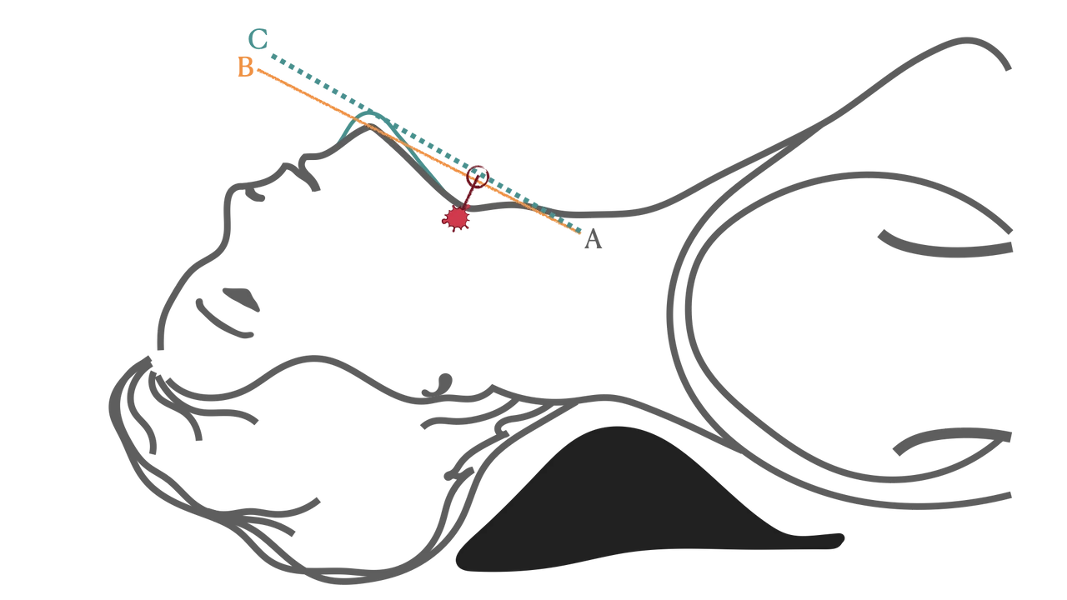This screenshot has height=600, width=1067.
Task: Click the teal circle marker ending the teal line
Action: [259, 38]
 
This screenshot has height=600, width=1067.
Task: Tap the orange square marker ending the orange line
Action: [244, 67]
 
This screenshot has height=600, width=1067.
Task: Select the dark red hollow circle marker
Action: [477, 177]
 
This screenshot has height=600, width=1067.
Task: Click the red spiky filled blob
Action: [456, 218]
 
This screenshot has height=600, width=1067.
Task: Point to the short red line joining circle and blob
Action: [468, 198]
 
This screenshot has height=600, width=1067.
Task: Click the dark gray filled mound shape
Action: [634, 508]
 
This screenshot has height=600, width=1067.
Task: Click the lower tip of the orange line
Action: [581, 236]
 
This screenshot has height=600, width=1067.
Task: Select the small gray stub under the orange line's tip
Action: [593, 246]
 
